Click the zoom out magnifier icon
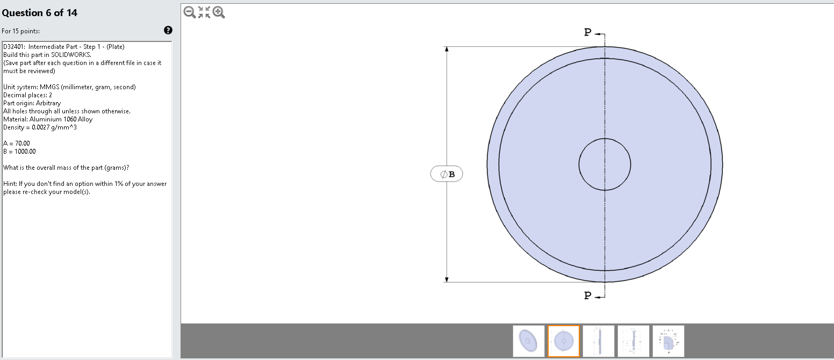(189, 12)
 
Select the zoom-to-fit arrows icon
(204, 12)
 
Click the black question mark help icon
(168, 31)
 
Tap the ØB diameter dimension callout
(447, 174)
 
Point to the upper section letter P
(588, 33)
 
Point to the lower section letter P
(588, 296)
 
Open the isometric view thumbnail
(528, 341)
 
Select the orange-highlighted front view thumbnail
(564, 341)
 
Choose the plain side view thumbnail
(598, 341)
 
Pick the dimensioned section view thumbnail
(634, 341)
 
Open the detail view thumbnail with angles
(668, 341)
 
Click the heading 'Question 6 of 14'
(40, 13)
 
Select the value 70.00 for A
(23, 143)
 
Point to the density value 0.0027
(41, 127)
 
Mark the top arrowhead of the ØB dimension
(446, 49)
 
